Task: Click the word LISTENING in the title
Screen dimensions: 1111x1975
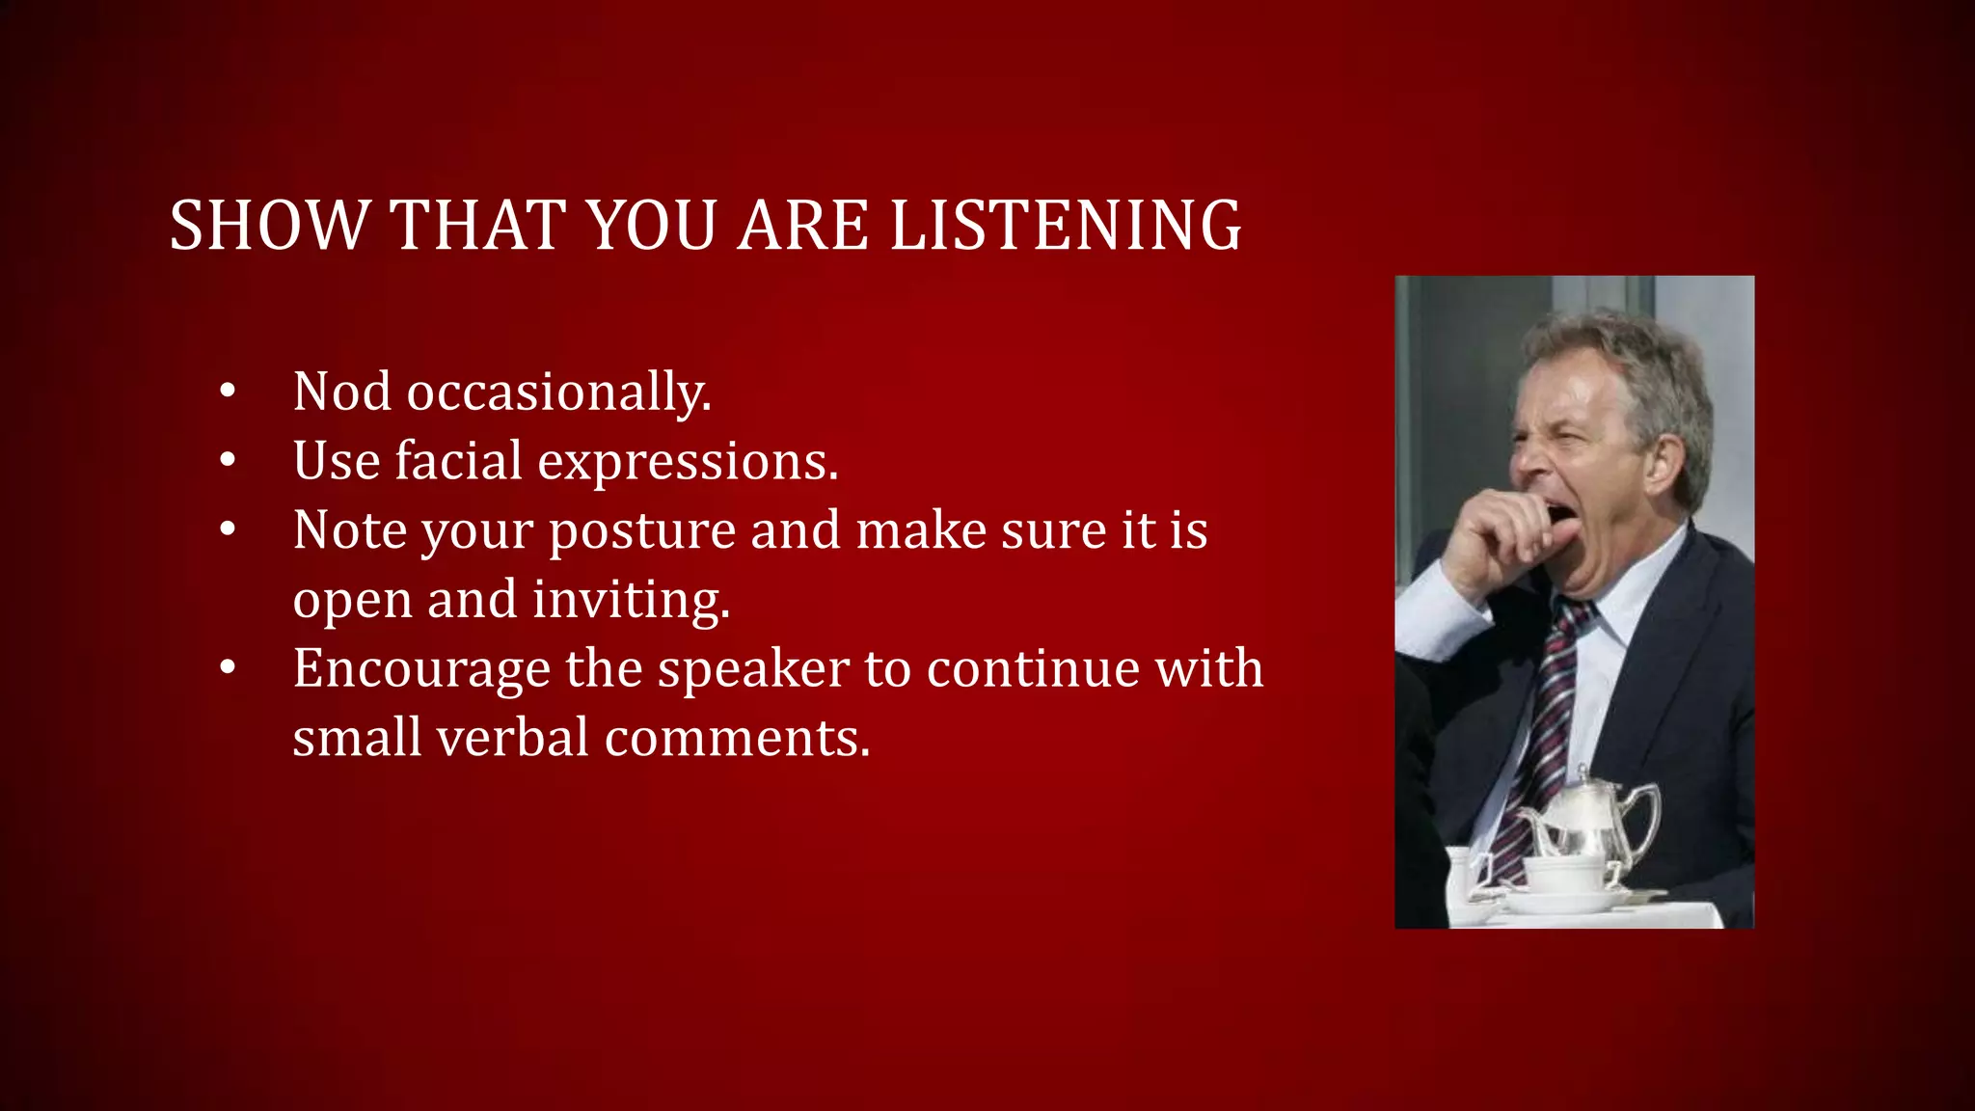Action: click(x=1065, y=226)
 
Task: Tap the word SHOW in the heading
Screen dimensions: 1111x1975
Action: click(x=268, y=226)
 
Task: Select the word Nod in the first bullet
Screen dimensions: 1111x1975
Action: click(x=342, y=392)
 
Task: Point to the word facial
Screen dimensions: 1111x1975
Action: click(x=458, y=461)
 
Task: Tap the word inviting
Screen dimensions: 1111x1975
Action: click(x=631, y=600)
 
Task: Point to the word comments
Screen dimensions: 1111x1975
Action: click(x=737, y=738)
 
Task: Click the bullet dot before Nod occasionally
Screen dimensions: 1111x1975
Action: click(x=228, y=392)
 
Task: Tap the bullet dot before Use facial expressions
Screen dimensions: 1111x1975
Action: click(x=228, y=461)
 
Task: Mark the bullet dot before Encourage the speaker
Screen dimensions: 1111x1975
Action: click(x=228, y=667)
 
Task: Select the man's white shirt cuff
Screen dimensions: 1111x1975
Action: click(x=1437, y=617)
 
